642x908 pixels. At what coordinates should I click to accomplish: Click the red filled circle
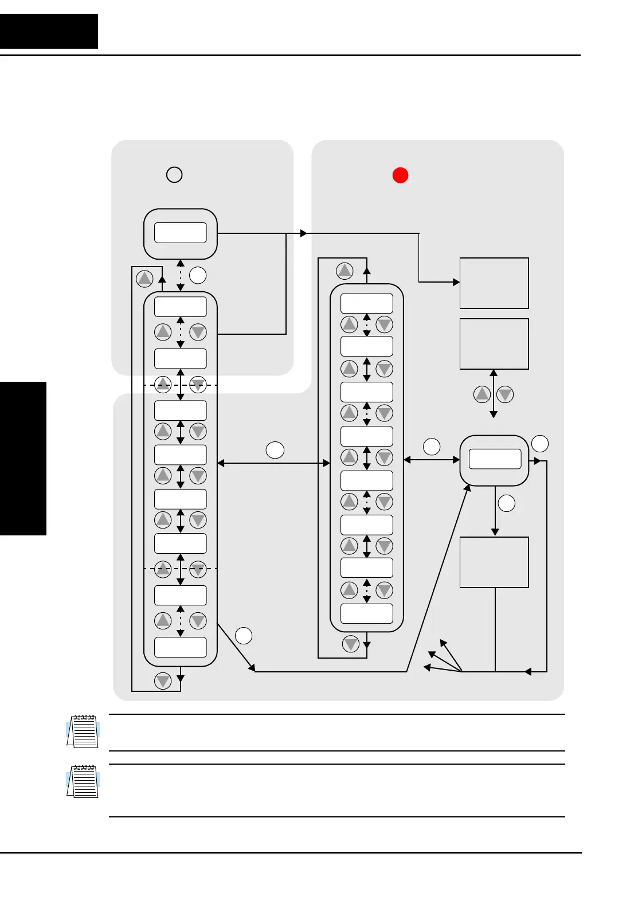coord(400,175)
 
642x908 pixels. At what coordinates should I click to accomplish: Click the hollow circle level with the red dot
coord(174,174)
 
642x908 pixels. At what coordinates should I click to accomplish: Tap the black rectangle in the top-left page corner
coord(49,31)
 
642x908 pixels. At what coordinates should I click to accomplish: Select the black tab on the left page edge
coord(23,458)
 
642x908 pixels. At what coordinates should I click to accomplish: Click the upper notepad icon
coord(83,731)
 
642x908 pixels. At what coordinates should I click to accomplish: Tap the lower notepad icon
coord(83,781)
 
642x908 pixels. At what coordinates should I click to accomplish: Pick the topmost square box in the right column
coord(494,283)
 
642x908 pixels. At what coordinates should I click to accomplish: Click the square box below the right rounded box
coord(494,562)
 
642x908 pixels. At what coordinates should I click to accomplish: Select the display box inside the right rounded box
coord(495,459)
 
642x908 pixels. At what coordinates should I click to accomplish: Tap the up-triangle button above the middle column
coord(345,271)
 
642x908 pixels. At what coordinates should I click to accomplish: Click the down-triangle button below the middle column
coord(351,644)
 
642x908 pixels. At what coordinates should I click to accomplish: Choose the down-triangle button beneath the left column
coord(163,680)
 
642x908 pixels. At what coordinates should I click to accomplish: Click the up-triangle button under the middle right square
coord(482,394)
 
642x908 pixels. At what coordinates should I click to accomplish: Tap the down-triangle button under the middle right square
coord(505,394)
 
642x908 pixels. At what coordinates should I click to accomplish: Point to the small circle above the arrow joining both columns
coord(275,450)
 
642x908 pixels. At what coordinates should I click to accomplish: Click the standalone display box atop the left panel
coord(181,233)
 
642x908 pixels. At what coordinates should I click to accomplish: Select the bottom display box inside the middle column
coord(367,613)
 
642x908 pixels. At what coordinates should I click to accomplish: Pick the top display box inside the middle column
coord(367,303)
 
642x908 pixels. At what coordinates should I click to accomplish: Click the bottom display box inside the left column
coord(181,647)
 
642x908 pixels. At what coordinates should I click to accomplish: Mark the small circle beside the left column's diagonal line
coord(244,636)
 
